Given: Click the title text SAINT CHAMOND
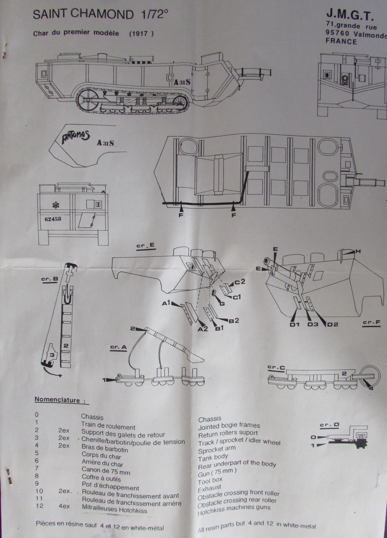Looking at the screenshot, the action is tap(83, 14).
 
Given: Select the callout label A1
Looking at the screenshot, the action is tap(167, 303).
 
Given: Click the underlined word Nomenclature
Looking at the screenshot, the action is tap(58, 400).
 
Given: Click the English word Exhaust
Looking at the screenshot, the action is tap(209, 488).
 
